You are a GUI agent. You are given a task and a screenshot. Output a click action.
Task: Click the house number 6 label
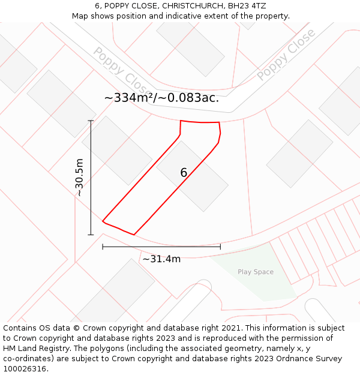click(x=184, y=173)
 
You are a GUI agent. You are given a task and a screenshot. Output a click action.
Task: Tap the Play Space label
click(x=255, y=272)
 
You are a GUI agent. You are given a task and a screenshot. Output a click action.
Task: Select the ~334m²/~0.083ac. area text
click(x=161, y=98)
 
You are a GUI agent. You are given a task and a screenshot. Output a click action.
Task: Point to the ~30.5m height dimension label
click(x=79, y=178)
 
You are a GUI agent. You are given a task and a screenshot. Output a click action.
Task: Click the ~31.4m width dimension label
click(x=161, y=259)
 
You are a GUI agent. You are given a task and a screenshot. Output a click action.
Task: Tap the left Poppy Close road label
click(x=118, y=71)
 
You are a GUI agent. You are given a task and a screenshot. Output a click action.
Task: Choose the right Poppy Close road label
click(x=286, y=55)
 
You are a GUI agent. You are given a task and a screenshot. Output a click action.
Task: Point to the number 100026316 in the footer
click(x=24, y=368)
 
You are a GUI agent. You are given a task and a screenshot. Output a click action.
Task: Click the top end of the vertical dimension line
click(x=91, y=121)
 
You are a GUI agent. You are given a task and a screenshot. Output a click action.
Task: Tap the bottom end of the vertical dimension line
click(x=91, y=235)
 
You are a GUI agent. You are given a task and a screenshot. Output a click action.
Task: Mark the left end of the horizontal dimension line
click(x=103, y=247)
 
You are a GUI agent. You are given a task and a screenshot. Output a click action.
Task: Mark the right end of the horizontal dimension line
click(x=220, y=247)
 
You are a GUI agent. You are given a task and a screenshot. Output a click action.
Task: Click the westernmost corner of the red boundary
click(x=103, y=221)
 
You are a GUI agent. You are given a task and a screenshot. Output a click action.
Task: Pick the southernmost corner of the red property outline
click(x=133, y=235)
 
